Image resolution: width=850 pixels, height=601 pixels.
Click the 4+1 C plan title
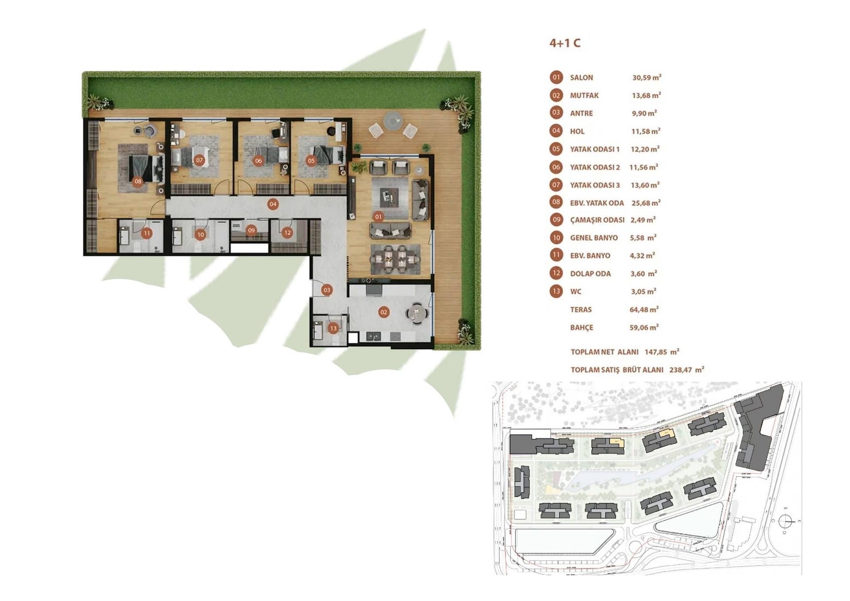click(x=564, y=43)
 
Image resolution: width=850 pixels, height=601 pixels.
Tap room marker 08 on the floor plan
click(x=138, y=181)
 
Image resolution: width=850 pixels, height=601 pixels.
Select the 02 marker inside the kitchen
click(x=383, y=312)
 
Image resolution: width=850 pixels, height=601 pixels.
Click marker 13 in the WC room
click(x=333, y=328)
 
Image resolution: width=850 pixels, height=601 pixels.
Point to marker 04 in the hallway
click(x=273, y=204)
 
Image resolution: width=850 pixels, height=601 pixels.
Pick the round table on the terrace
click(x=393, y=120)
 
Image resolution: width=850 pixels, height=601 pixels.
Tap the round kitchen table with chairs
click(x=417, y=313)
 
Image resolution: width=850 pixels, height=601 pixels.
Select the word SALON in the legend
click(x=581, y=78)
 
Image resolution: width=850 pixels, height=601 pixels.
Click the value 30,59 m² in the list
click(x=646, y=77)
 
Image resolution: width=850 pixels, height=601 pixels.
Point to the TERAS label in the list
click(x=580, y=310)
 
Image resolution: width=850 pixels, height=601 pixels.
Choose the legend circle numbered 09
click(x=556, y=220)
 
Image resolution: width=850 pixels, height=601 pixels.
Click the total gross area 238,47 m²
click(x=686, y=370)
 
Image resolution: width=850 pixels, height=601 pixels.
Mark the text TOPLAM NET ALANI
click(x=604, y=352)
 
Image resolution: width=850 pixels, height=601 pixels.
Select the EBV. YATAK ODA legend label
click(x=597, y=203)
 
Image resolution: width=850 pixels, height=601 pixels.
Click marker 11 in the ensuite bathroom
click(x=147, y=233)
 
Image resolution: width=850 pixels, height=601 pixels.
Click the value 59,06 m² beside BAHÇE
click(x=644, y=328)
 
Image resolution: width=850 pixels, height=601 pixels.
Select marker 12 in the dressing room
click(x=287, y=232)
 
